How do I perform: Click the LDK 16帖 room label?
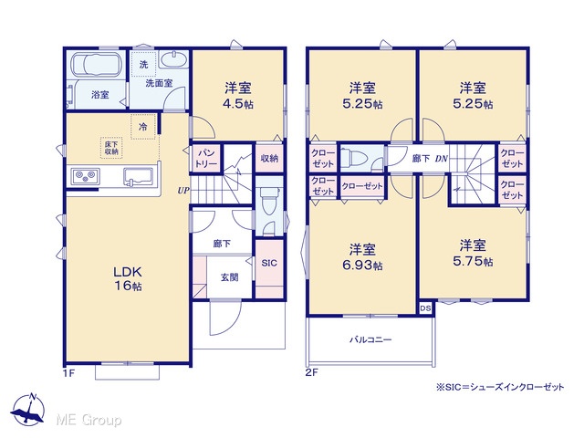(x=128, y=278)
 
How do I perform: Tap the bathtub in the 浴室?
(x=97, y=65)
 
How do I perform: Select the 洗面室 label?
(x=159, y=83)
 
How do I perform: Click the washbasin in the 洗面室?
(x=172, y=59)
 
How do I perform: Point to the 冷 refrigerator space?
(x=143, y=127)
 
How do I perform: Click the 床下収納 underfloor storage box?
(x=111, y=148)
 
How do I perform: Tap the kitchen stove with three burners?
(x=86, y=176)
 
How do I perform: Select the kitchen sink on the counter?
(x=138, y=176)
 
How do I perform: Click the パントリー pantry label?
(x=206, y=158)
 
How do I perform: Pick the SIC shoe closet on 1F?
(x=269, y=263)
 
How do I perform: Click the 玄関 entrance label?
(x=229, y=277)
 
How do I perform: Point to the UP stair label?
(x=183, y=191)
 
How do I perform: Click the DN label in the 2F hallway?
(x=441, y=159)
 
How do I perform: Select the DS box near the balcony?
(x=426, y=308)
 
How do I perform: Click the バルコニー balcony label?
(x=370, y=339)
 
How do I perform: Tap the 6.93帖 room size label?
(x=362, y=266)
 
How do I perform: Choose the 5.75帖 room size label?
(x=473, y=261)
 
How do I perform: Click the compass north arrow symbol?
(x=28, y=409)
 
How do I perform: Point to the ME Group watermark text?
(x=89, y=420)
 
